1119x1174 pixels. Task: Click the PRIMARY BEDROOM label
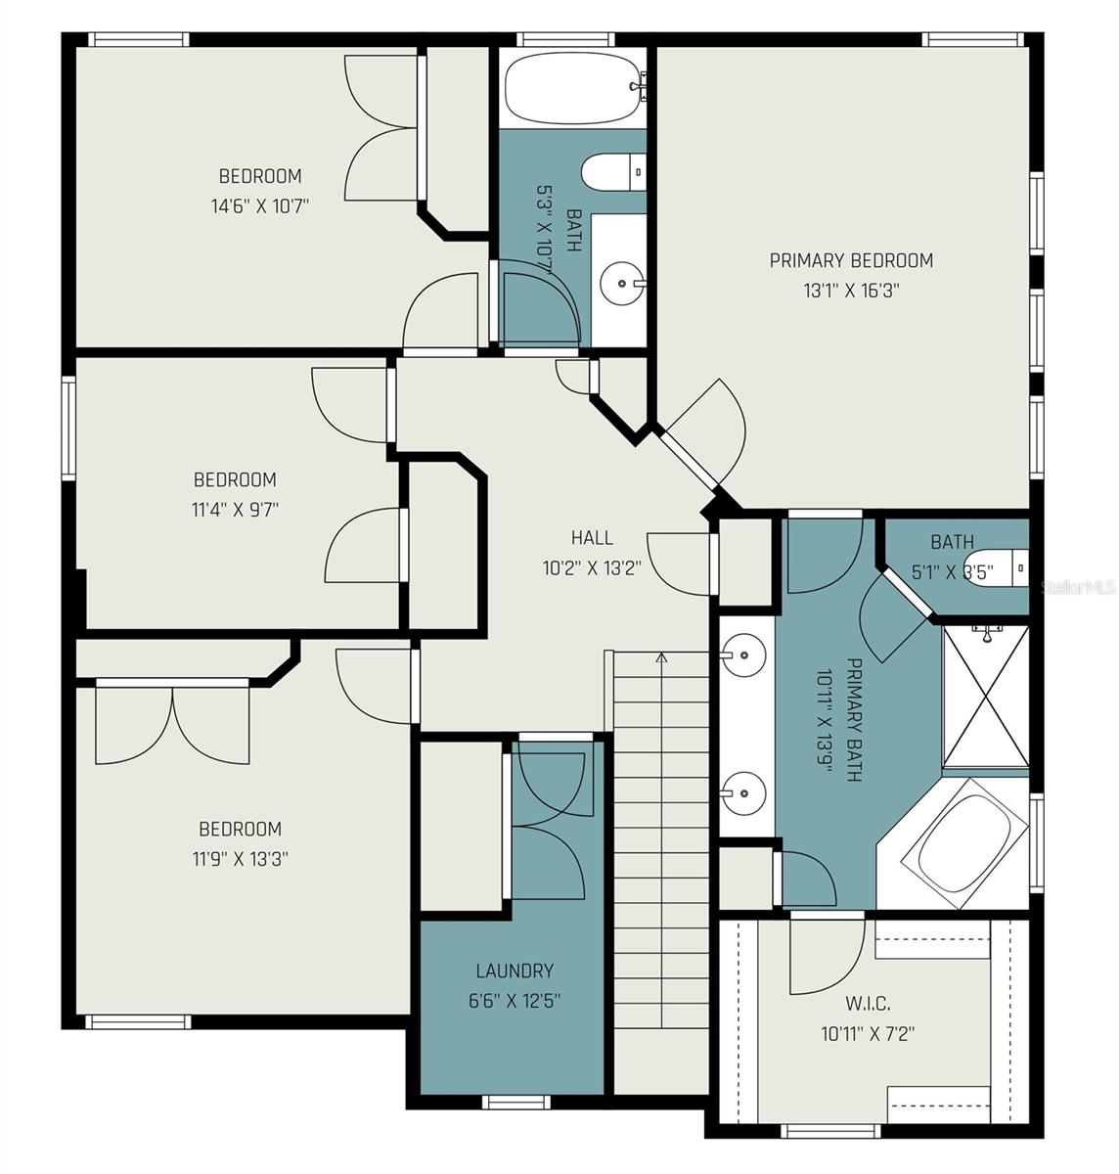click(x=850, y=260)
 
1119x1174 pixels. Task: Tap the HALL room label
click(x=592, y=537)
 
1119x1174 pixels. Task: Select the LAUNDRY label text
click(x=514, y=971)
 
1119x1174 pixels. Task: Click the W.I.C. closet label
click(x=868, y=1003)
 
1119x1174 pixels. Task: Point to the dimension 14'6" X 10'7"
click(x=260, y=205)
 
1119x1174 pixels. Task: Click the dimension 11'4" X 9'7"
click(x=235, y=509)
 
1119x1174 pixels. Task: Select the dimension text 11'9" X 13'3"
click(x=241, y=859)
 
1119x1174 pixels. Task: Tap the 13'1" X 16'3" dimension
click(x=851, y=291)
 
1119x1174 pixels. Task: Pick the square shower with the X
click(x=985, y=695)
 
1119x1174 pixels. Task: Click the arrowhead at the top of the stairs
click(x=661, y=657)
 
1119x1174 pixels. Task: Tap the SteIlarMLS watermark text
click(x=1079, y=587)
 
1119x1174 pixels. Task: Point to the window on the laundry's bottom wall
click(x=510, y=1102)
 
